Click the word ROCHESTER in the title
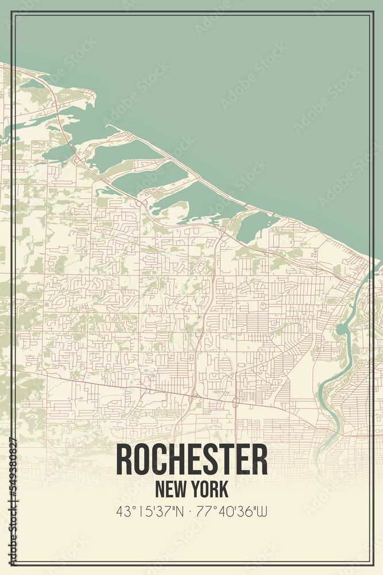[192, 459]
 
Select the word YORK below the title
[210, 489]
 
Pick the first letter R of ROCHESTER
[125, 459]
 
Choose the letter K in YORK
[223, 489]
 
